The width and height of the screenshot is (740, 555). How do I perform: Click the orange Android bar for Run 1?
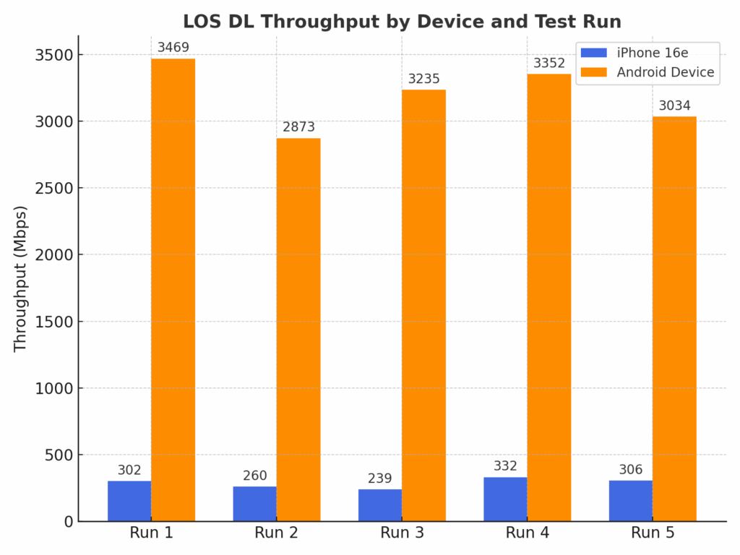(173, 289)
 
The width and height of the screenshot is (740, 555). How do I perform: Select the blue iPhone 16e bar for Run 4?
(505, 499)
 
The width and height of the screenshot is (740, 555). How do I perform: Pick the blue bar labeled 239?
(380, 505)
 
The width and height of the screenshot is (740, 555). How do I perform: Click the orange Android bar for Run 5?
(674, 318)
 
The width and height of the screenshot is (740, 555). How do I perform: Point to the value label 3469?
(173, 48)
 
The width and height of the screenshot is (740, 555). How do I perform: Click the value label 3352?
(549, 63)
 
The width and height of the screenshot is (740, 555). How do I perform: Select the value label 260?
(254, 476)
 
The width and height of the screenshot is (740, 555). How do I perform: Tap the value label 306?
(630, 470)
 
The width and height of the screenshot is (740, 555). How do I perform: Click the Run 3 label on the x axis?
(402, 533)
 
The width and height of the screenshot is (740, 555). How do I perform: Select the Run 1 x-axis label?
(151, 533)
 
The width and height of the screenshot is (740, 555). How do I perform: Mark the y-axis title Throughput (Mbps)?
(20, 278)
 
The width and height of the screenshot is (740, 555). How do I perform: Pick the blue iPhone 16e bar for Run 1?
(129, 501)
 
